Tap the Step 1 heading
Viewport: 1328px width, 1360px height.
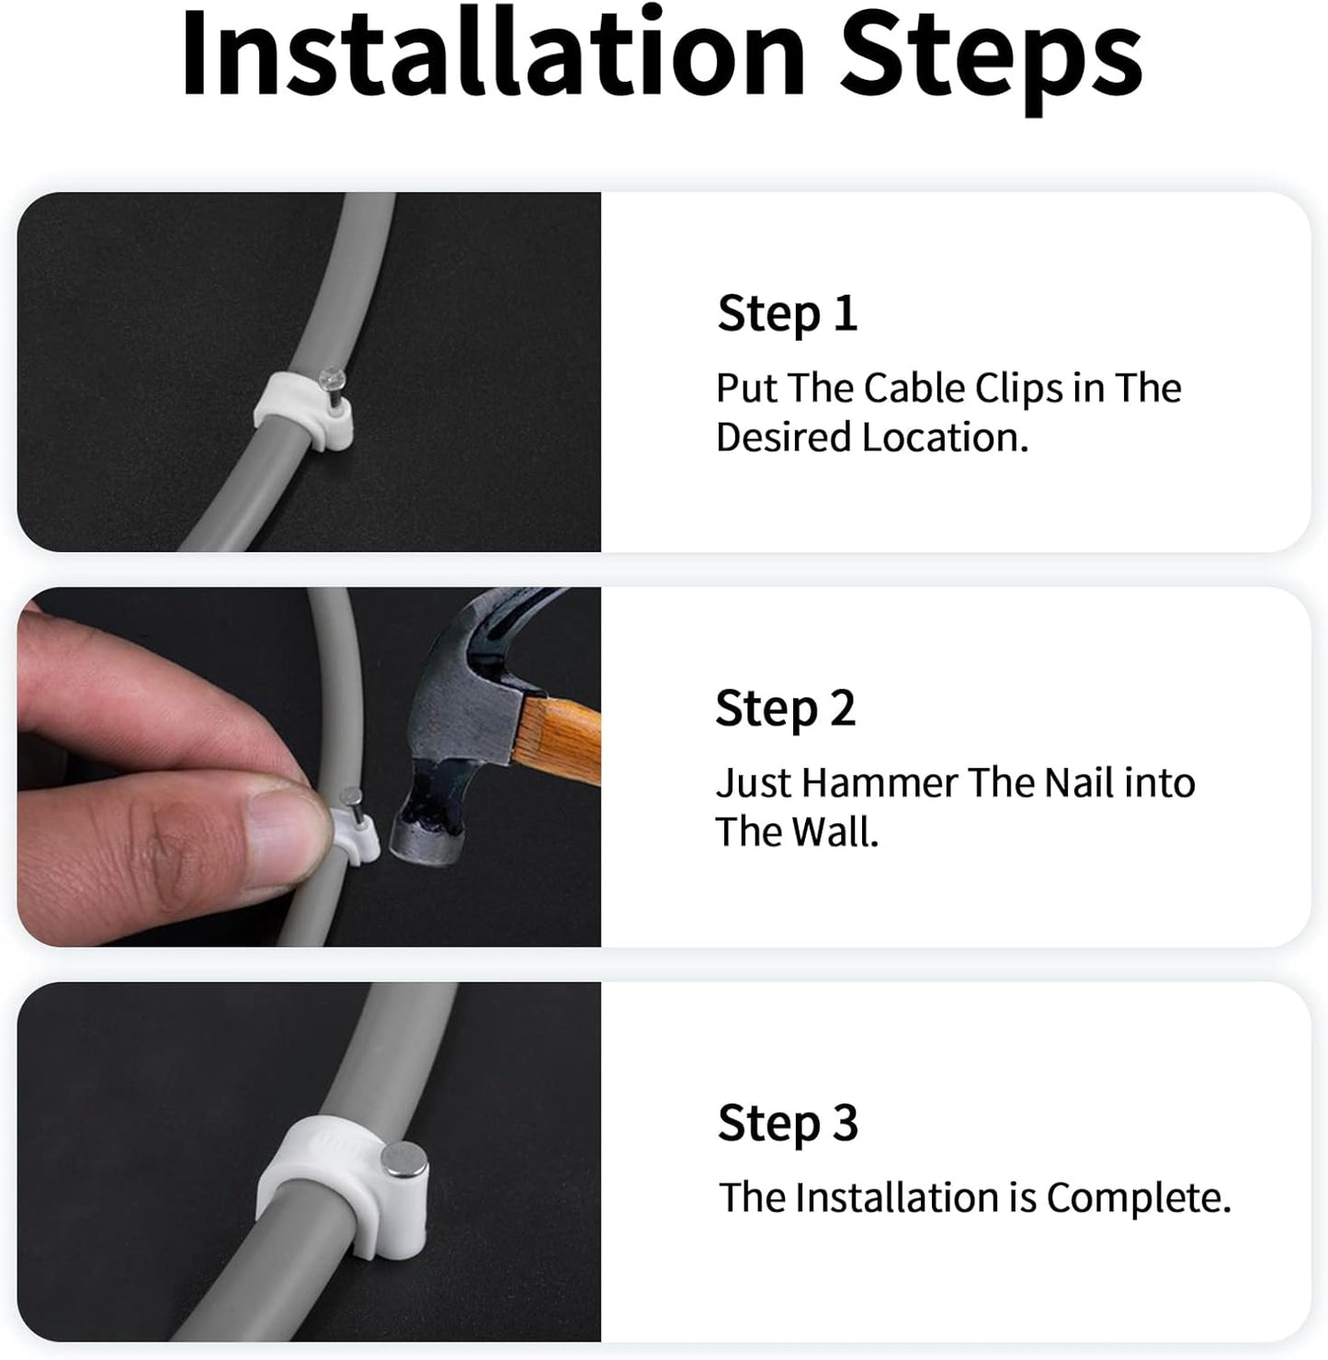click(787, 314)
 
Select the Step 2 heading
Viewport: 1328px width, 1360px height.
click(785, 709)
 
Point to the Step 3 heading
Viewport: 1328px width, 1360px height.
click(788, 1123)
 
